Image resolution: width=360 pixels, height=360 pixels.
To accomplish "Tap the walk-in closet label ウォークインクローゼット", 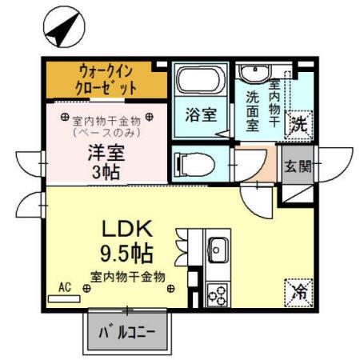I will (x=107, y=78).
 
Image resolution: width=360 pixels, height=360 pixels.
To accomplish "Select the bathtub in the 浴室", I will (x=200, y=82).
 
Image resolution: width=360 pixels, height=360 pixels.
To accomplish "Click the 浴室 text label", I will (x=201, y=114).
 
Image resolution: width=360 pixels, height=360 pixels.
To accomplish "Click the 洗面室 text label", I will (x=253, y=110).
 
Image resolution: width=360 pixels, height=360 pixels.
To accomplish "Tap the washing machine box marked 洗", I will (x=298, y=125).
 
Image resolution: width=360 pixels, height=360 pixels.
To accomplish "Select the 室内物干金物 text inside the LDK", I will (x=128, y=277).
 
